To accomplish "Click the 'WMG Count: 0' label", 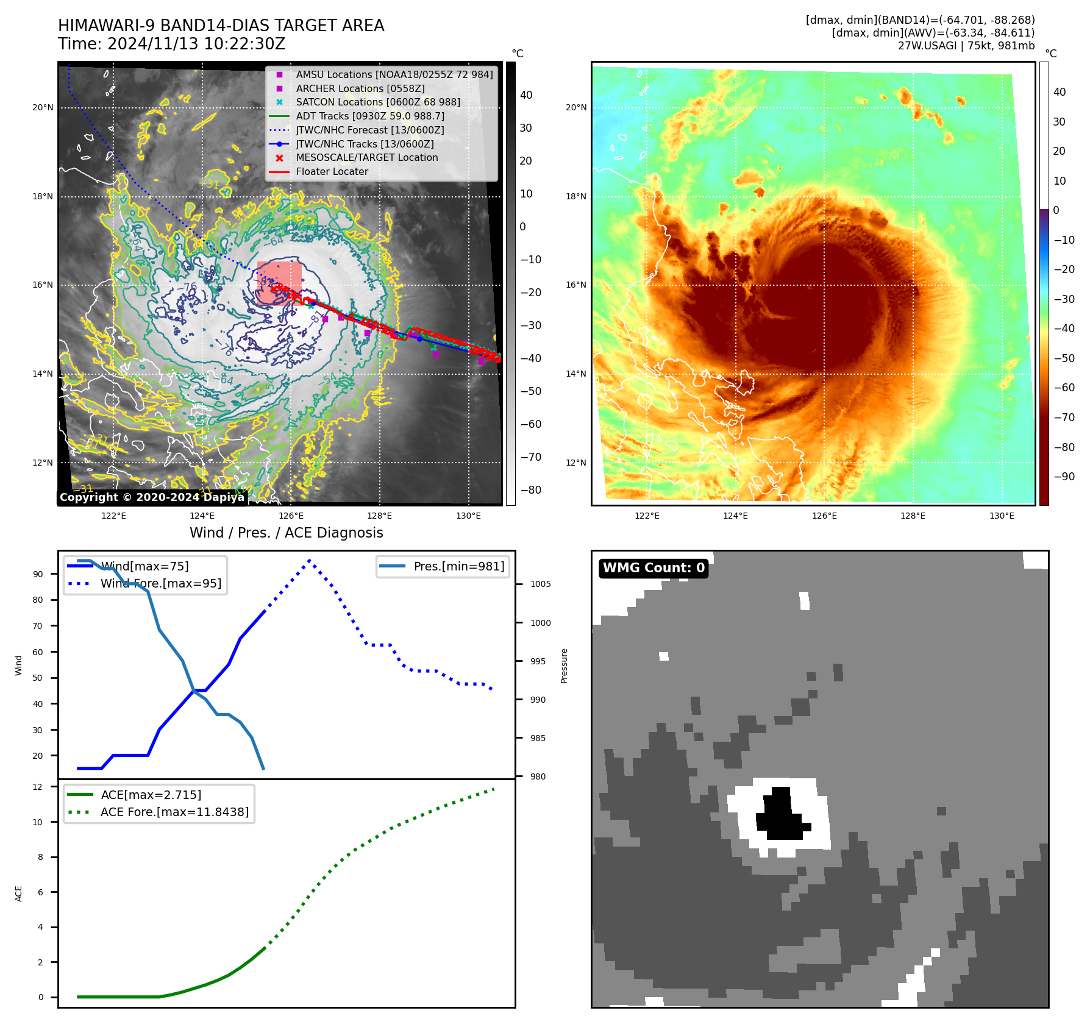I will pos(654,568).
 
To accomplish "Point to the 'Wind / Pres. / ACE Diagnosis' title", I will pos(287,533).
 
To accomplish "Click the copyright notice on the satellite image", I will pos(152,497).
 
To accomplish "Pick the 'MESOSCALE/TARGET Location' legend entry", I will pos(367,158).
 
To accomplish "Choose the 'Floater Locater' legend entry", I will pos(332,172).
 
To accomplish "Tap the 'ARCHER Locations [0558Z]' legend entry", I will pos(360,88).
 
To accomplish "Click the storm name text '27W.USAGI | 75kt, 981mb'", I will pos(966,46).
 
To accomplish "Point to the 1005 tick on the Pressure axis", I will pos(540,584).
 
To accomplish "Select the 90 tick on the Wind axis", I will pos(38,574).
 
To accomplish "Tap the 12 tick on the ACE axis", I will pos(38,787).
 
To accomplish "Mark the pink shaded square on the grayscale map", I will pos(279,283).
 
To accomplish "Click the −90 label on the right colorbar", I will pos(1064,477).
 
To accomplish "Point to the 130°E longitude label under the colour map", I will pos(1002,516).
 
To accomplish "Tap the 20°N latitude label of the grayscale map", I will pos(43,108).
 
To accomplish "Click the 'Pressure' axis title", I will pos(564,666).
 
